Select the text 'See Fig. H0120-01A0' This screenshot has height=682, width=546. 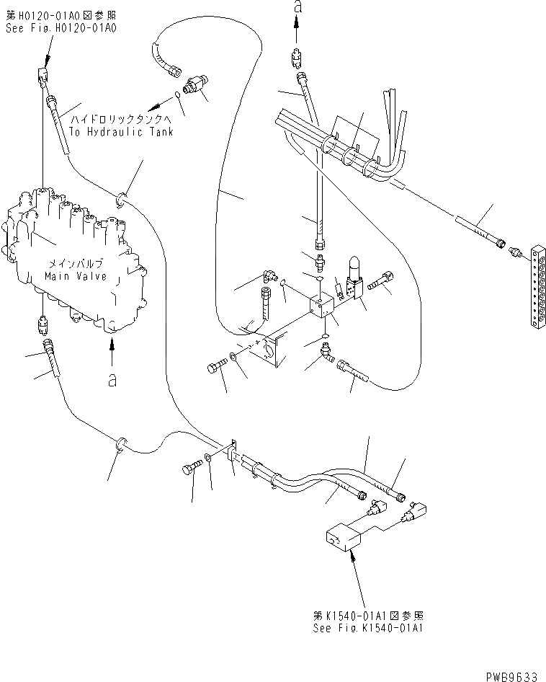click(x=61, y=27)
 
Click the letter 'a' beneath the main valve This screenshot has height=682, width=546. click(x=112, y=380)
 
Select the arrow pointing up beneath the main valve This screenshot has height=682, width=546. click(x=112, y=353)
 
